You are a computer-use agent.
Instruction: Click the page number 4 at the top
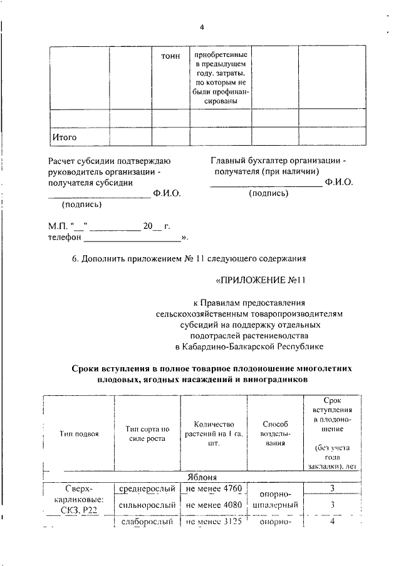[x=202, y=27]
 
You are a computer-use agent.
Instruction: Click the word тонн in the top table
[x=170, y=56]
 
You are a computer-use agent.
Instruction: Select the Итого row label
[x=64, y=136]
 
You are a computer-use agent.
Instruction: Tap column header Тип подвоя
[x=79, y=434]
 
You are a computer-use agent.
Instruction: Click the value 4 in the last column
[x=332, y=521]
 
